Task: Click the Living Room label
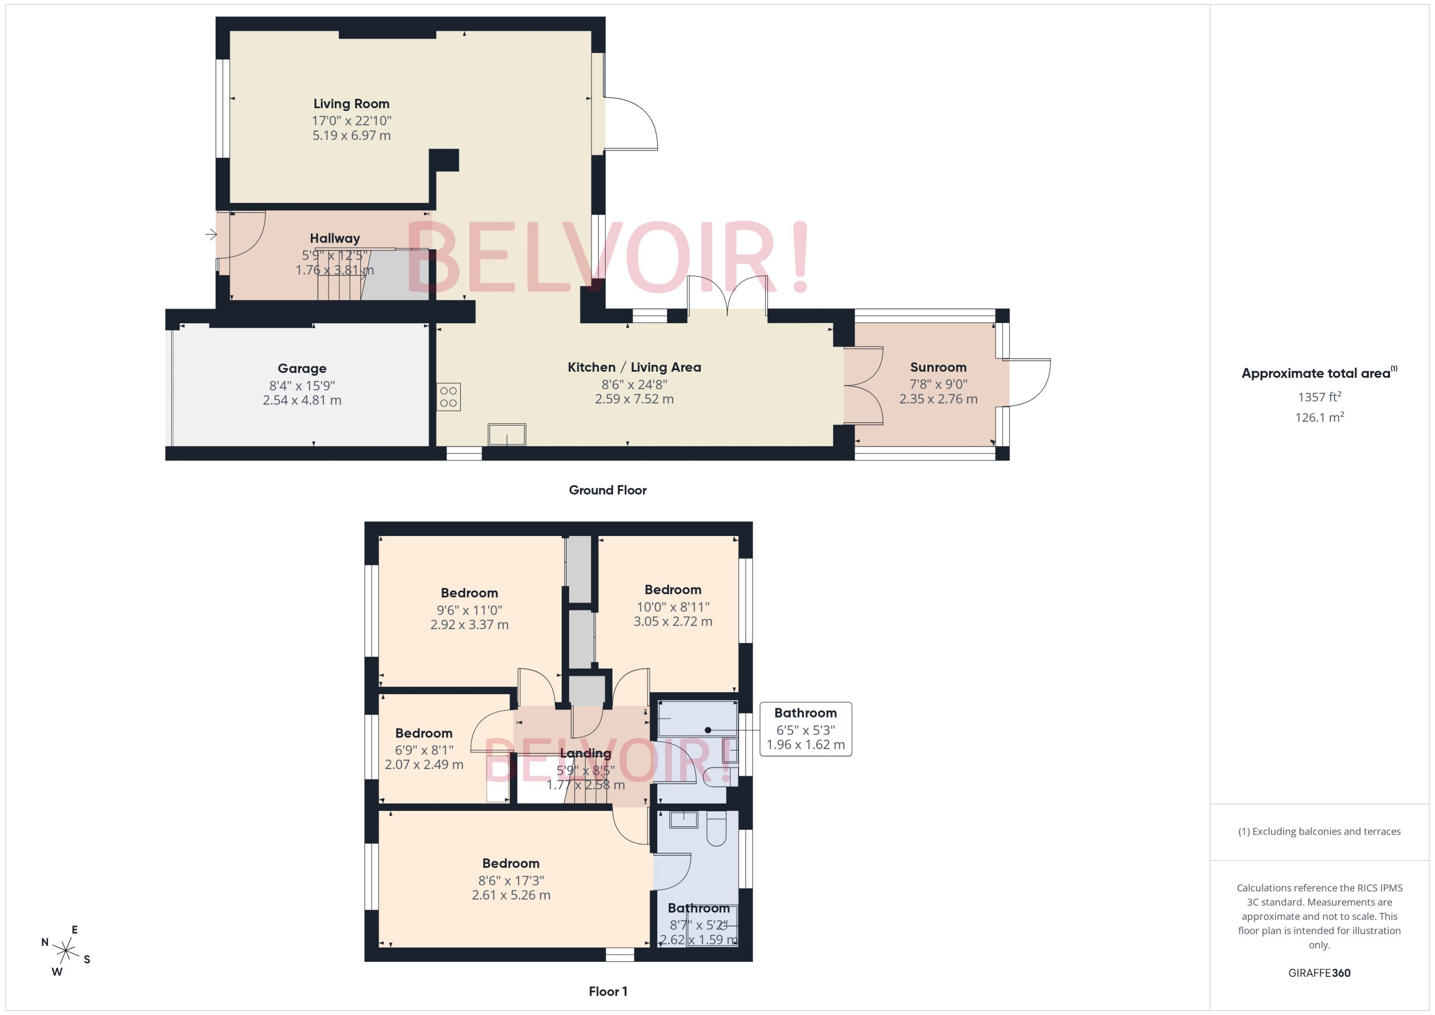[351, 104]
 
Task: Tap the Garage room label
[302, 368]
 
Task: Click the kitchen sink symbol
[506, 434]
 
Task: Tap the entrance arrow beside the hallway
[211, 235]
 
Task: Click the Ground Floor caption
[607, 490]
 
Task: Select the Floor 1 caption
[607, 991]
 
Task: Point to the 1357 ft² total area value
[1319, 397]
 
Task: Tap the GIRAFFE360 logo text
[1319, 972]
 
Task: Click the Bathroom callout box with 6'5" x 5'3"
[805, 729]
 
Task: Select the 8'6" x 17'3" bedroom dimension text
[511, 880]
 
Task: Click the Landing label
[585, 753]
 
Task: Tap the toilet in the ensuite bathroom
[716, 828]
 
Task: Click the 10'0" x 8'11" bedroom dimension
[673, 606]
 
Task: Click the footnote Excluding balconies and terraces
[1319, 831]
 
